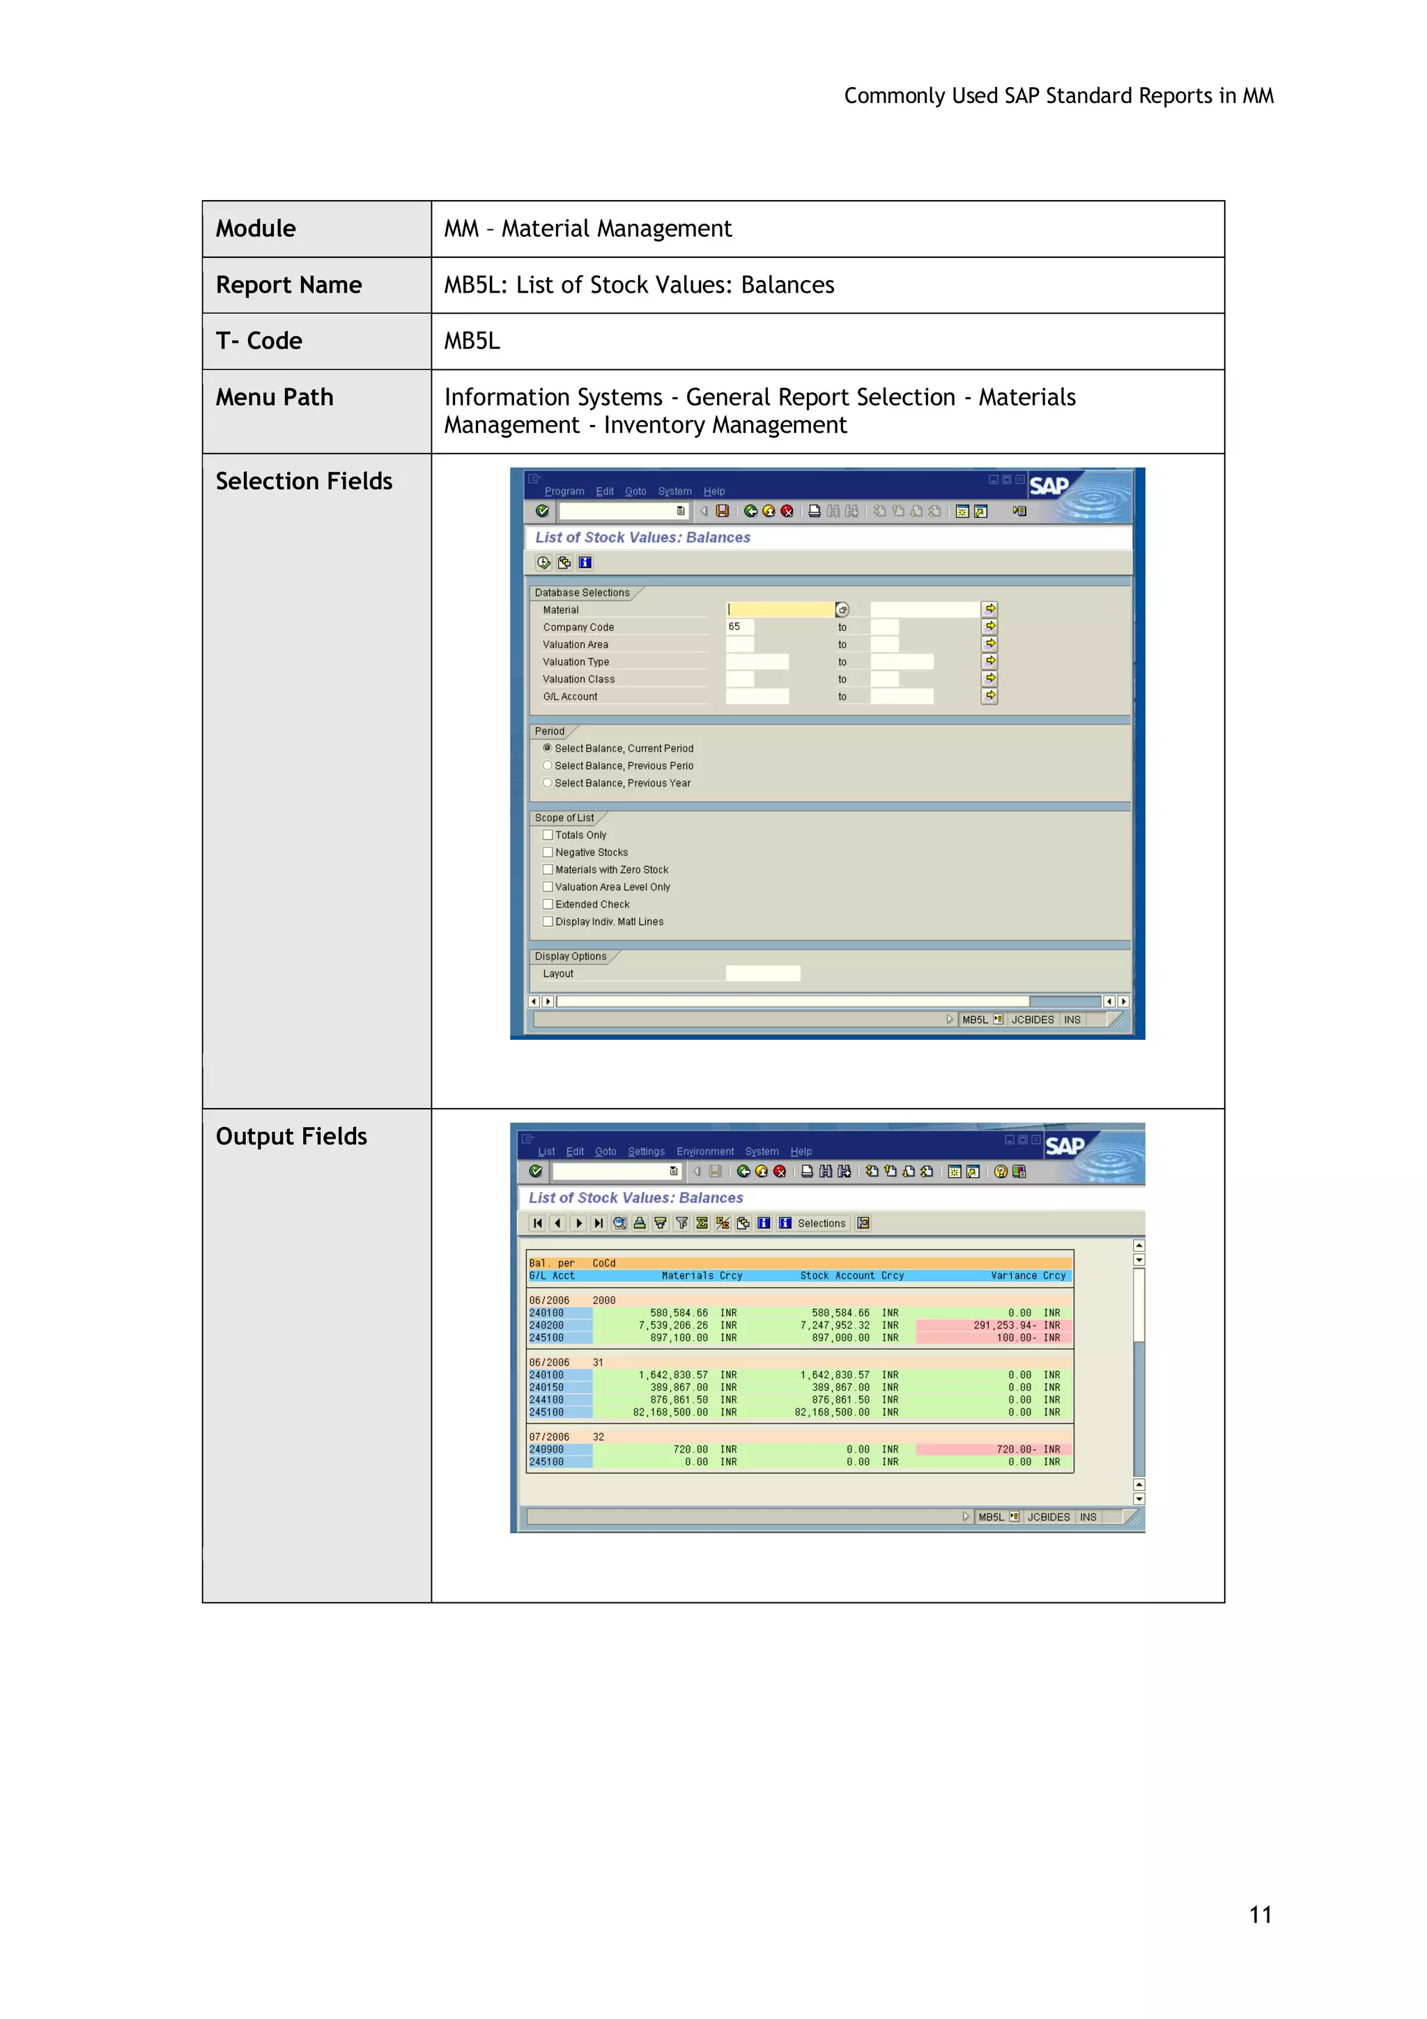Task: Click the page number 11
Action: [1260, 1914]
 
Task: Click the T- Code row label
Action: [259, 341]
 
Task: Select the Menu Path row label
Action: [275, 397]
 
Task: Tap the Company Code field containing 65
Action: [739, 627]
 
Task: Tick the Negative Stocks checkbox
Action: [548, 852]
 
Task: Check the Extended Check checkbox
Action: [548, 904]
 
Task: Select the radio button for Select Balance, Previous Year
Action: [548, 783]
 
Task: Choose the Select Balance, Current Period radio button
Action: [548, 749]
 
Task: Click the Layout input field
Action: [762, 974]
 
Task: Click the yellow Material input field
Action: [780, 609]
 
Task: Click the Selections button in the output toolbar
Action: [820, 1223]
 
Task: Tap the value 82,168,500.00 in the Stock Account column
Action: [832, 1412]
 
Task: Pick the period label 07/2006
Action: [548, 1437]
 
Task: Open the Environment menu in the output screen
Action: [704, 1152]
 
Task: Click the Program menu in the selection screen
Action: [564, 491]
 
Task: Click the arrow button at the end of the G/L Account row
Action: [990, 696]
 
